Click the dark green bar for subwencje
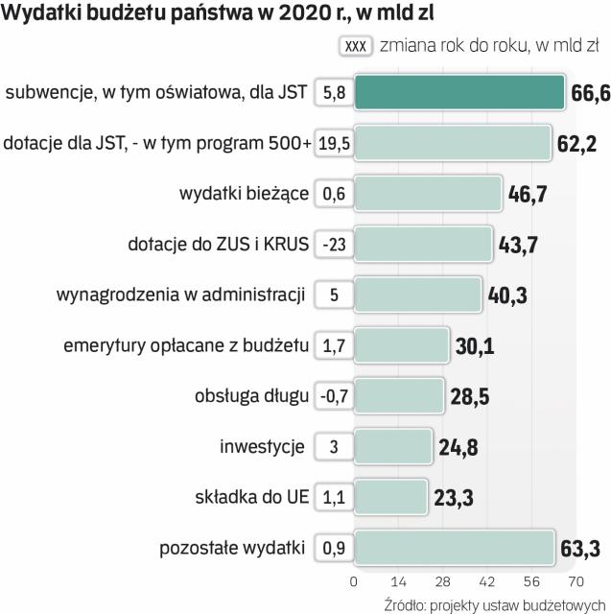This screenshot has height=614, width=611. [458, 93]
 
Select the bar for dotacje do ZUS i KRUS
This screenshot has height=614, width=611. [423, 244]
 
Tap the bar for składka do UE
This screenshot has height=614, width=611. [390, 497]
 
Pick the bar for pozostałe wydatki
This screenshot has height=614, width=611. [454, 548]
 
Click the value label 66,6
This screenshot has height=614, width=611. [587, 93]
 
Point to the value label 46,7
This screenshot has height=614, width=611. [527, 195]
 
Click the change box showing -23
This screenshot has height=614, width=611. [334, 245]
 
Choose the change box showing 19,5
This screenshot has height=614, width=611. [334, 144]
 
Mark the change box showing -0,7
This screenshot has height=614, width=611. [334, 396]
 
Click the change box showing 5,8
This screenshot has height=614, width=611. [334, 93]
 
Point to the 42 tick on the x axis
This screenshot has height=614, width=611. [486, 580]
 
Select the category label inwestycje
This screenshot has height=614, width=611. [262, 446]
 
